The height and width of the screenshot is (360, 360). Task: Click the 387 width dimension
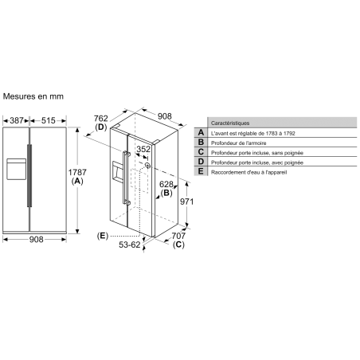click(x=17, y=120)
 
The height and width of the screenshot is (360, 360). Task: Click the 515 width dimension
click(x=49, y=120)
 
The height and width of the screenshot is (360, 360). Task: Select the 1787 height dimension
click(x=77, y=172)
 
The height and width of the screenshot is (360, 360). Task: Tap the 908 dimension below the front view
click(x=36, y=240)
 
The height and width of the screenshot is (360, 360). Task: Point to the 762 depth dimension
click(x=101, y=118)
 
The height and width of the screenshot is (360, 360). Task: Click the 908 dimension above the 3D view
click(x=165, y=116)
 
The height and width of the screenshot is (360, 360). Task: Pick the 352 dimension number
click(x=143, y=149)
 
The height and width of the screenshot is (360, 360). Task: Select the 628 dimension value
click(x=166, y=184)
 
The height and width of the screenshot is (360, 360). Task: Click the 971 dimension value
click(x=187, y=202)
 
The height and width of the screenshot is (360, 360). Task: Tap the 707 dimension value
click(x=178, y=236)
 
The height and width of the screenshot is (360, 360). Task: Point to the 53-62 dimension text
click(x=130, y=245)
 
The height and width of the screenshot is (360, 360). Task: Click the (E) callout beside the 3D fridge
click(x=103, y=236)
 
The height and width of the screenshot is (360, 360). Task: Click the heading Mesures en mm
click(x=33, y=96)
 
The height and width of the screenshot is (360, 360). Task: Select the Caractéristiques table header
click(x=230, y=123)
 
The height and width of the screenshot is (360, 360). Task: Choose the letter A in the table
click(x=201, y=132)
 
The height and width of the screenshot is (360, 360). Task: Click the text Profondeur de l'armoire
click(x=239, y=143)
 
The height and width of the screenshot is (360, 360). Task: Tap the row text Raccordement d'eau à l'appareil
click(x=249, y=172)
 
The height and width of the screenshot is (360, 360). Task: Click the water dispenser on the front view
click(x=17, y=169)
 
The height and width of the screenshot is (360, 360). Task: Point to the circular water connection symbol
click(x=147, y=166)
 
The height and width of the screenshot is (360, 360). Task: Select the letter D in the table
click(x=201, y=162)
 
